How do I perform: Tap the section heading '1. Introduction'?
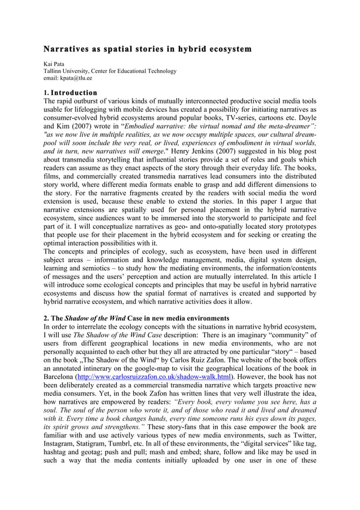tap(71, 93)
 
